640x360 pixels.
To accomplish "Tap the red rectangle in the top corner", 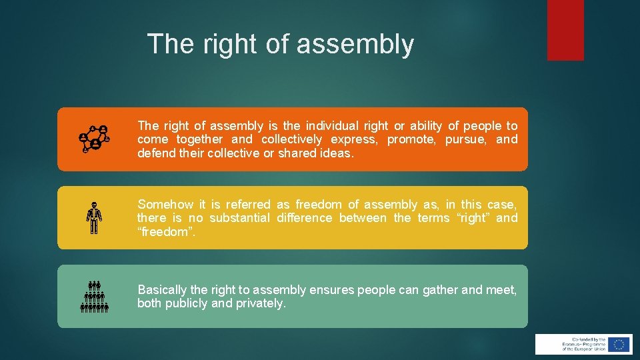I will point(565,30).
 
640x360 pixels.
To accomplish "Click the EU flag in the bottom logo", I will point(619,344).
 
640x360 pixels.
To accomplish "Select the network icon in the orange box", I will point(94,139).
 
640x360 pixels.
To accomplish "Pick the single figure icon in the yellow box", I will point(94,218).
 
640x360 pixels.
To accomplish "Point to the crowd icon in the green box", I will point(94,297).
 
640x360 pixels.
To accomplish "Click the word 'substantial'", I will point(239,218).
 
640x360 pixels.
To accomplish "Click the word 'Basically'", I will point(162,290).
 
